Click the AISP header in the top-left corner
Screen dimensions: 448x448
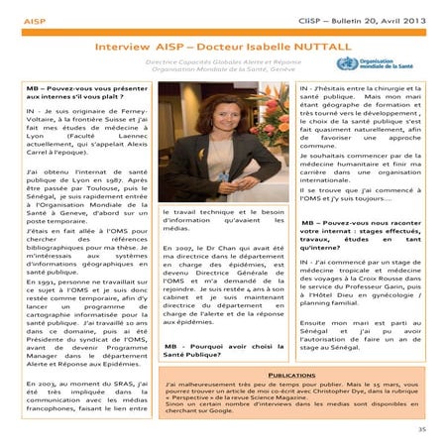coord(34,19)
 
